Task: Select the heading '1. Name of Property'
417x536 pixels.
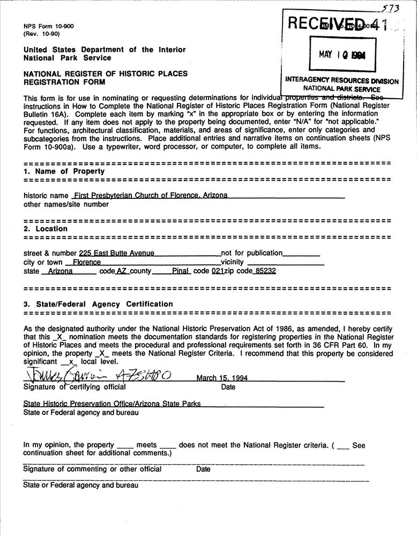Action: (x=64, y=172)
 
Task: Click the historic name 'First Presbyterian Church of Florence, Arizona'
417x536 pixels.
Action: (x=151, y=195)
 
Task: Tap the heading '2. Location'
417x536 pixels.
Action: (x=45, y=229)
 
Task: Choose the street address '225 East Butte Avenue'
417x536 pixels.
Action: (x=116, y=253)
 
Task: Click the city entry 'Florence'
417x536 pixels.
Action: (x=86, y=262)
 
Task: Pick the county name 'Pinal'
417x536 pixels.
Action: (x=181, y=271)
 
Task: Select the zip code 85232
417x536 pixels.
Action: (x=265, y=271)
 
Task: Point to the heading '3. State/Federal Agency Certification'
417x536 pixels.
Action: (x=98, y=304)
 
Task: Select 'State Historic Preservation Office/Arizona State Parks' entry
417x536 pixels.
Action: (x=111, y=404)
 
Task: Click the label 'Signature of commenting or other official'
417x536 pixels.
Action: (x=92, y=469)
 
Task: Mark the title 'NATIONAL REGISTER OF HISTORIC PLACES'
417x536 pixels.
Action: (x=106, y=73)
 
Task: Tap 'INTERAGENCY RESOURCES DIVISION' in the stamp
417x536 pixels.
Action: (x=341, y=81)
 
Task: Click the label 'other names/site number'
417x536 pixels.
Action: (x=66, y=204)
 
